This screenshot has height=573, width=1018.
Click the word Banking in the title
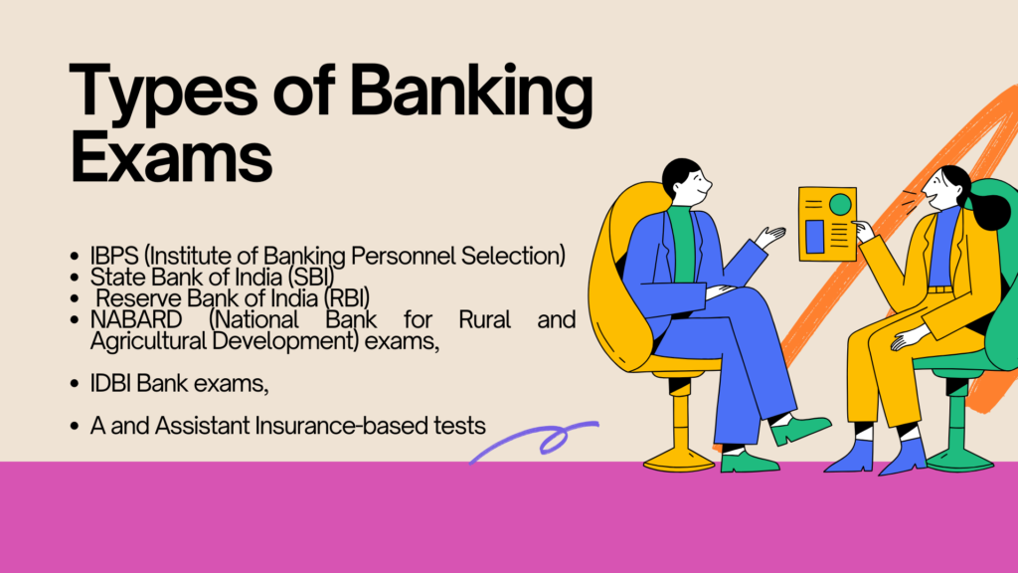pos(471,95)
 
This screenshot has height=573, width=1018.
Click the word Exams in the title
pos(171,156)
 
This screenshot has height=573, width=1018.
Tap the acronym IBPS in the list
pos(114,256)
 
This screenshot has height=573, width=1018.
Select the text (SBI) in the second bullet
pos(311,278)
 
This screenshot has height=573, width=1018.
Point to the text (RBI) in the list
pos(347,298)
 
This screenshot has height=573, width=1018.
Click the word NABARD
pos(136,319)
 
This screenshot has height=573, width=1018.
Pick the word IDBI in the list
pos(110,383)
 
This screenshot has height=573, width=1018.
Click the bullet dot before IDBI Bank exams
pos(74,384)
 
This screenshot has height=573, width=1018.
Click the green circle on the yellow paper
pos(840,205)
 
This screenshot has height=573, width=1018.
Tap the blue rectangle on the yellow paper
pos(815,237)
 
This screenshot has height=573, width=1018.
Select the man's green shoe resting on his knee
pos(800,428)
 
